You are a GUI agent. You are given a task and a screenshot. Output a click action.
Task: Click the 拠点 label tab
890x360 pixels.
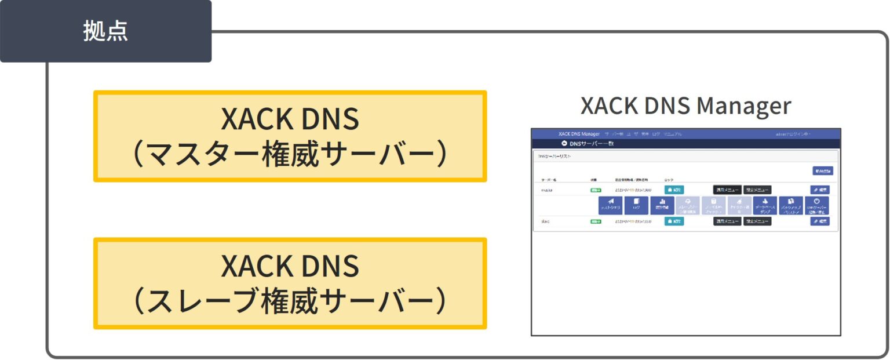[105, 31]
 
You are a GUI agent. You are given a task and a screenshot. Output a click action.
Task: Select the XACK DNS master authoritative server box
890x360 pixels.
[290, 136]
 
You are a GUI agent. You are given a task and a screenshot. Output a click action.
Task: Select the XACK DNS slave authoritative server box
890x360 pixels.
[290, 283]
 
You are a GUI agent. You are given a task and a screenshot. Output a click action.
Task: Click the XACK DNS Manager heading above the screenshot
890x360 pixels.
[685, 106]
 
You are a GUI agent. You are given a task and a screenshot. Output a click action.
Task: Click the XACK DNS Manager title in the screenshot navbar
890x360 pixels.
[579, 134]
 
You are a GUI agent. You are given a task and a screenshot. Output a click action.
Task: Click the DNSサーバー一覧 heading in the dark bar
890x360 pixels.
[592, 144]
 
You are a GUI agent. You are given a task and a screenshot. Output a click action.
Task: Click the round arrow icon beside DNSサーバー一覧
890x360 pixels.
[564, 144]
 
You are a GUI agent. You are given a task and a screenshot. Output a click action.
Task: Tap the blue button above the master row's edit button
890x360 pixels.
[822, 171]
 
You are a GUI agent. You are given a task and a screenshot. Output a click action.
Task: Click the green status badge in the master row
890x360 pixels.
[596, 190]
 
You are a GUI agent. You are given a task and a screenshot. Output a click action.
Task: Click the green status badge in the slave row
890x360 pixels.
[596, 221]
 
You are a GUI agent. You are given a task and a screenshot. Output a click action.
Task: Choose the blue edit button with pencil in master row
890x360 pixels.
[820, 190]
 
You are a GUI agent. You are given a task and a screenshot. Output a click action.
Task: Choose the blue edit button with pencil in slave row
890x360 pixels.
[820, 221]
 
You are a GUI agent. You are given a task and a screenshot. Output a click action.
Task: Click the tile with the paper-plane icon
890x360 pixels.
[610, 205]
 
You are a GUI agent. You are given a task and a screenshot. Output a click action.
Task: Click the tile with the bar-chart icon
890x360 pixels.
[662, 205]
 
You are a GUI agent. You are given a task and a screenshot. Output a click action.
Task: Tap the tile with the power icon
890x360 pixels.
[816, 205]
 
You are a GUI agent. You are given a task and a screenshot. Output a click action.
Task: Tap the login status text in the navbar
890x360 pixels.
[793, 134]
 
